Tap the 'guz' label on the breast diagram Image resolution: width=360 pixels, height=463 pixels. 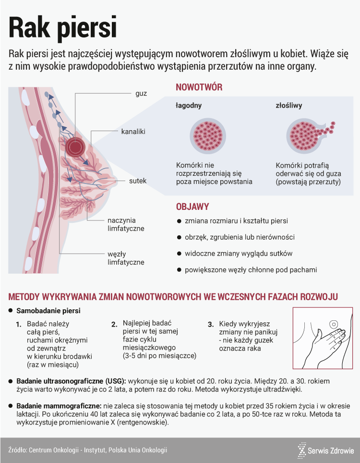(141, 93)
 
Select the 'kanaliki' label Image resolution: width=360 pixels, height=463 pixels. (133, 131)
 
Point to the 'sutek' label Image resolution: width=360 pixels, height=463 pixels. (138, 181)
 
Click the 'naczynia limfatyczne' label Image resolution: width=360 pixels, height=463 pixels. (126, 225)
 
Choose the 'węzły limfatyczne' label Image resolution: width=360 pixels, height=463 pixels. (126, 258)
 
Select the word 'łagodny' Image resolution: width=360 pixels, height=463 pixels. (188, 105)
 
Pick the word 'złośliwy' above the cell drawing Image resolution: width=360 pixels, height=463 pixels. (288, 105)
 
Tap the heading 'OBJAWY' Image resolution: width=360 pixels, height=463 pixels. (192, 207)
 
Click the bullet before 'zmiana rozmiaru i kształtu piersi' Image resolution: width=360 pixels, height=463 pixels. (179, 221)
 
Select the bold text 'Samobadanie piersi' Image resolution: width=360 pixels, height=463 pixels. (48, 311)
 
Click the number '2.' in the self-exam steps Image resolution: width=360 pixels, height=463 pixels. (114, 324)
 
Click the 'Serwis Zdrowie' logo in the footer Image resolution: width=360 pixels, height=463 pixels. (326, 451)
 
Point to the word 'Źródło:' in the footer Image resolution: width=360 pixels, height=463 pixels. (17, 450)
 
